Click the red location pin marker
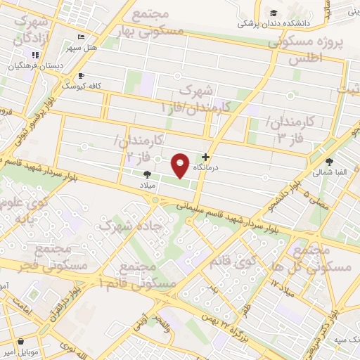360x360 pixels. [181, 165]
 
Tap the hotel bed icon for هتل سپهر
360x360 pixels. [82, 37]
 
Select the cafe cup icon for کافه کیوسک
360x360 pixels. [82, 75]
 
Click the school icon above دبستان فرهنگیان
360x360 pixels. [33, 56]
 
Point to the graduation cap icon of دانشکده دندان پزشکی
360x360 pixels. [273, 13]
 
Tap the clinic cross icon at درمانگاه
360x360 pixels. [205, 157]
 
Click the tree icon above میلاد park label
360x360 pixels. [147, 174]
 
